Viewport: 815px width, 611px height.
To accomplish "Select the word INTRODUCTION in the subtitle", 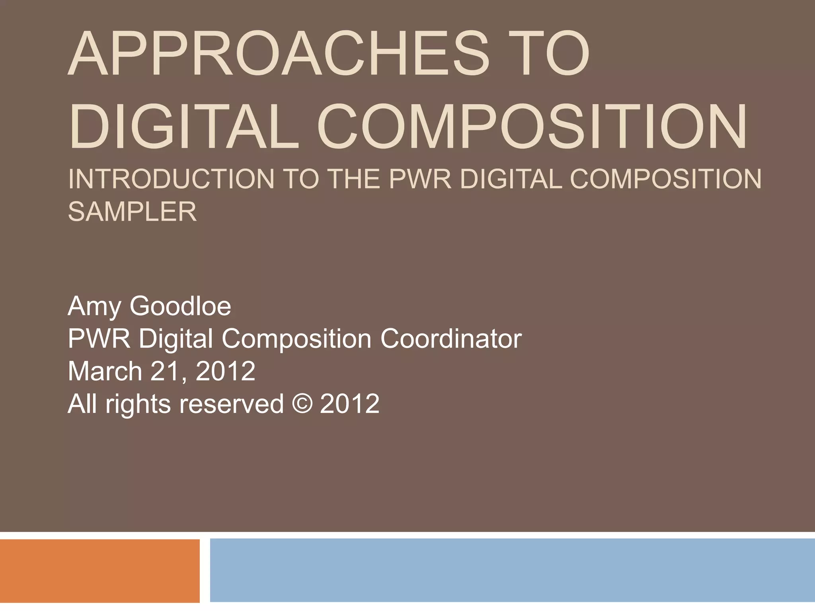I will coord(171,179).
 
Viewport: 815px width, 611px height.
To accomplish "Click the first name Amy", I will coord(94,307).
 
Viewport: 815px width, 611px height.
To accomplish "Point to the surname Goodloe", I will coord(180,306).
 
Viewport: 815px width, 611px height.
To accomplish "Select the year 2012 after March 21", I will coord(225,371).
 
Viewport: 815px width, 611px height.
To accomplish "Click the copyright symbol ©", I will coord(302,404).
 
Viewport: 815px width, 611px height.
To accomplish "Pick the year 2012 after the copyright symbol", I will coord(349,404).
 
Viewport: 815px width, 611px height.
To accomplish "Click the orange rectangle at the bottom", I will coord(99,570).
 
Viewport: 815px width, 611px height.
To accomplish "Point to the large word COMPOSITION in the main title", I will coord(532,126).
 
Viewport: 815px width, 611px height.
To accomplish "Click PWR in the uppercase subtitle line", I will coord(420,179).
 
